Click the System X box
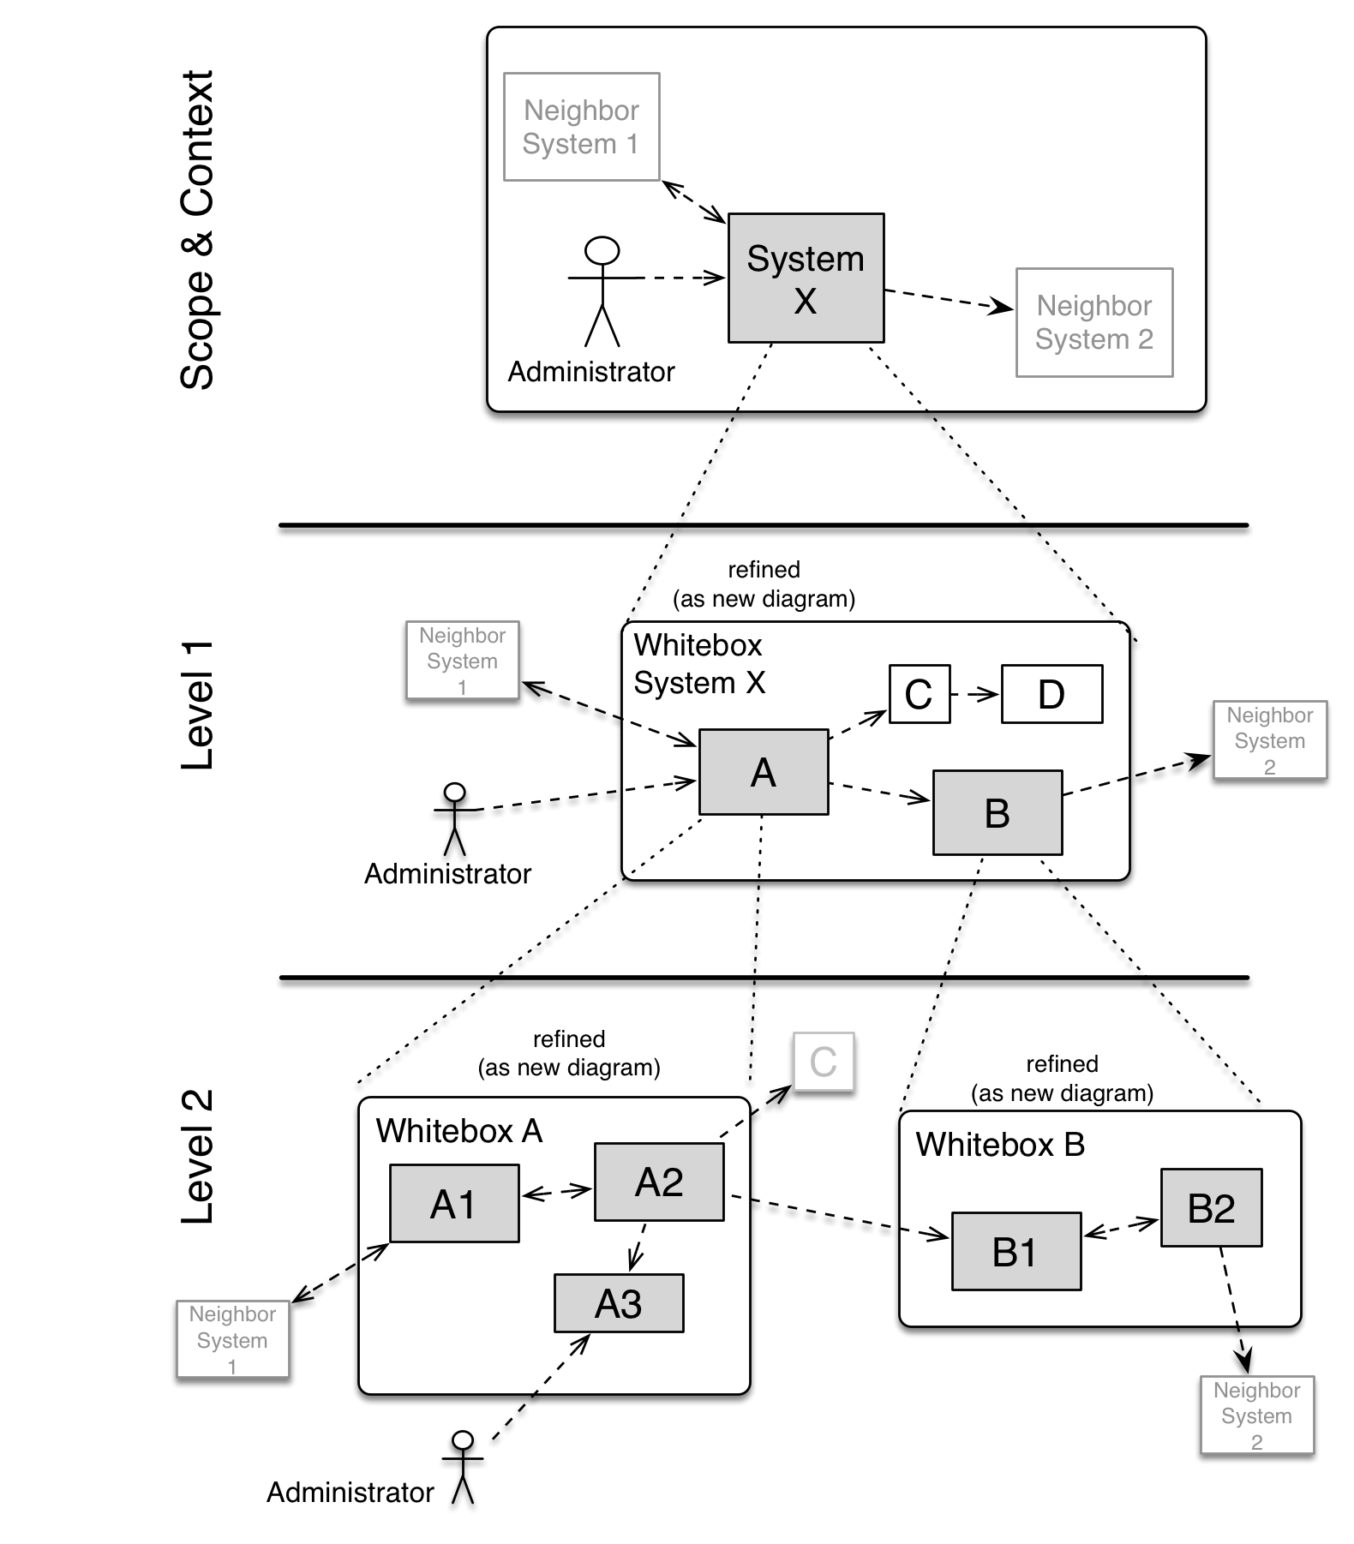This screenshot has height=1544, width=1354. pos(806,278)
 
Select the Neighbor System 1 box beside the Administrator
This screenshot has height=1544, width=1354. pos(581,127)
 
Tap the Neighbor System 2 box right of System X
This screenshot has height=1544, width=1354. pos(1094,322)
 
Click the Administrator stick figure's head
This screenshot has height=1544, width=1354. pos(602,250)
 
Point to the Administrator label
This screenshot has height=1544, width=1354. pos(591,372)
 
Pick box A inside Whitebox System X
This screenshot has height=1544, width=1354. pos(764,772)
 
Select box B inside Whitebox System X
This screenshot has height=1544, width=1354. pos(998,812)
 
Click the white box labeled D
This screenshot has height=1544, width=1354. pos(1051,694)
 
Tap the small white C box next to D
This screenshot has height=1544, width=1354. pos(920,694)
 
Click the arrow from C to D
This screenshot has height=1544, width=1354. pos(976,694)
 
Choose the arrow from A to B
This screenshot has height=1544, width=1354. pos(880,792)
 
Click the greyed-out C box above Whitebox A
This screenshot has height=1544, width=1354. pos(824,1062)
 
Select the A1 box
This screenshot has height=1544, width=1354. pos(454,1203)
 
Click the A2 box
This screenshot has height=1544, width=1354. pos(659,1182)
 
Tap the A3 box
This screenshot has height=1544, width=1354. pos(619,1303)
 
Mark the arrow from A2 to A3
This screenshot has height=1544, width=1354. pos(638,1248)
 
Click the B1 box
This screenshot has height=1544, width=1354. pos(1016,1251)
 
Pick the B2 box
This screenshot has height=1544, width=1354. pos(1211,1207)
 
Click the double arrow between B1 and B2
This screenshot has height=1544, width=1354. pos(1121,1229)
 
